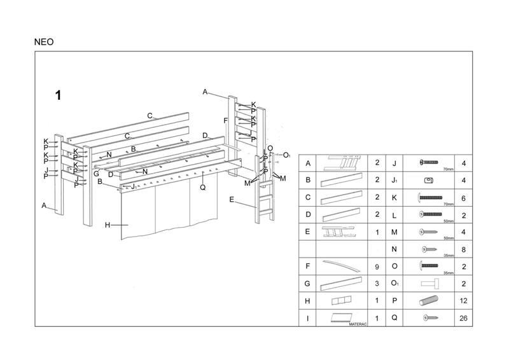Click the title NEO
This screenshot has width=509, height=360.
click(45, 42)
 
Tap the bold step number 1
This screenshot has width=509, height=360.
click(58, 95)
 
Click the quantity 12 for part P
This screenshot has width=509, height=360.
click(463, 301)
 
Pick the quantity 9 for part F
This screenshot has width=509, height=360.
click(377, 267)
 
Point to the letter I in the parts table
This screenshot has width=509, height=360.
click(308, 318)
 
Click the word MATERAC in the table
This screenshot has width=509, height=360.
click(359, 324)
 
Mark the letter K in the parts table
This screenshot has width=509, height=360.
click(394, 198)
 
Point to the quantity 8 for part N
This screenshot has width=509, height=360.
click(463, 249)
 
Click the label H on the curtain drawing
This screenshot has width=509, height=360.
click(108, 225)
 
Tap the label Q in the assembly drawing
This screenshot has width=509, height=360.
click(202, 187)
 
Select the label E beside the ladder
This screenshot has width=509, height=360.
click(232, 200)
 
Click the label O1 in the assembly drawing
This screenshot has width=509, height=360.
click(286, 155)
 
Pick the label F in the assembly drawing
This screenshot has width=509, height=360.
click(226, 121)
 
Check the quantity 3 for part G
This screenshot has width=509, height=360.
click(377, 284)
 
